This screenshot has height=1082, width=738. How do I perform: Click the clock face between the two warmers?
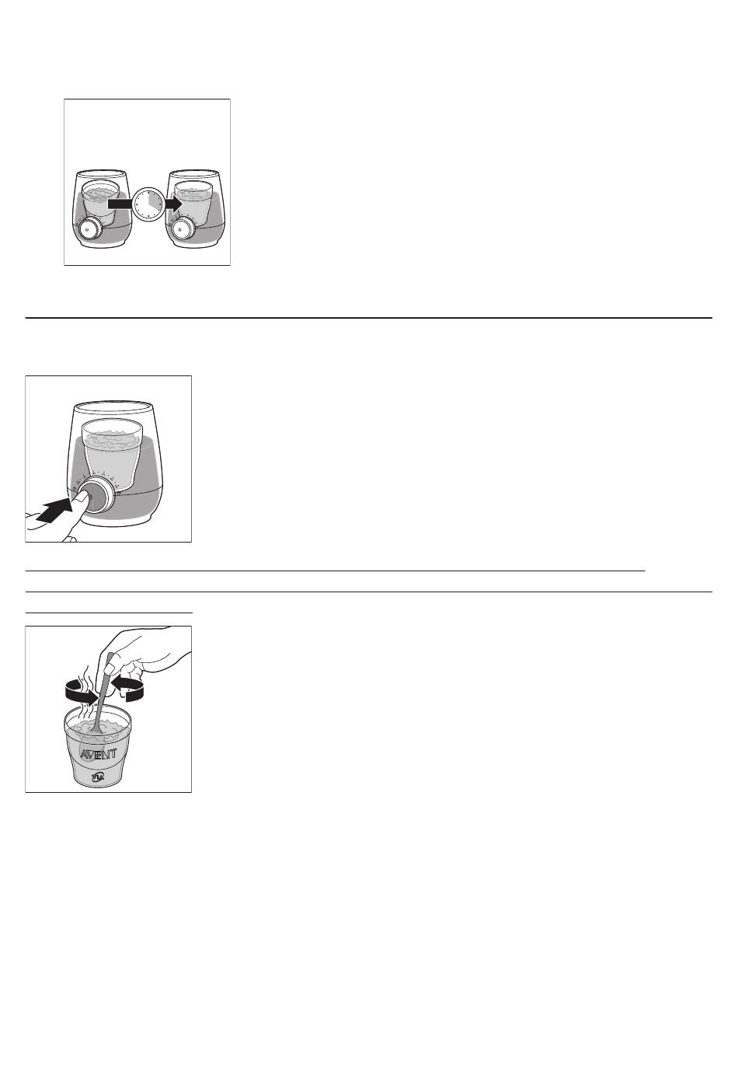point(149,204)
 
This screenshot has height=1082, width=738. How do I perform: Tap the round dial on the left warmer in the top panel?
point(89,229)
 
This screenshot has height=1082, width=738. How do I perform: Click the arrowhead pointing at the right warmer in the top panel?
point(174,204)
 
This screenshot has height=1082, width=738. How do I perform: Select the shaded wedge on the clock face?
point(154,198)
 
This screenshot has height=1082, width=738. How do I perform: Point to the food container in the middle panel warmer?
point(113,454)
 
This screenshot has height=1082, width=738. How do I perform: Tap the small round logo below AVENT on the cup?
point(98,777)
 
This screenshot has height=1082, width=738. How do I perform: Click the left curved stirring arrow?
point(81,694)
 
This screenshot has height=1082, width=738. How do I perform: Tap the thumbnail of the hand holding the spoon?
point(110,668)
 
